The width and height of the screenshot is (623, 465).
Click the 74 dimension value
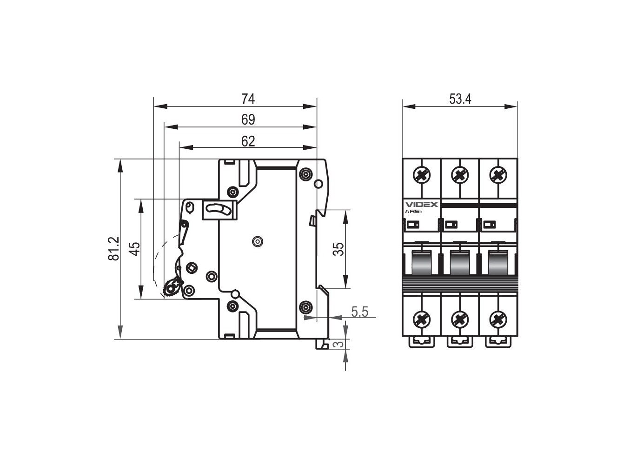[248, 99]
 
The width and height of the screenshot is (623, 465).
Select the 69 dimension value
[248, 120]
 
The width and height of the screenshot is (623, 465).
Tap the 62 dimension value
[248, 141]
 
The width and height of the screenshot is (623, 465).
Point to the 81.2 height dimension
[113, 249]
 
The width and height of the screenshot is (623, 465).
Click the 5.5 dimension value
[359, 312]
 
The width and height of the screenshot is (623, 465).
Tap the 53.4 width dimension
[460, 99]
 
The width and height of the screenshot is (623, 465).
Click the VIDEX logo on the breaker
[421, 205]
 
